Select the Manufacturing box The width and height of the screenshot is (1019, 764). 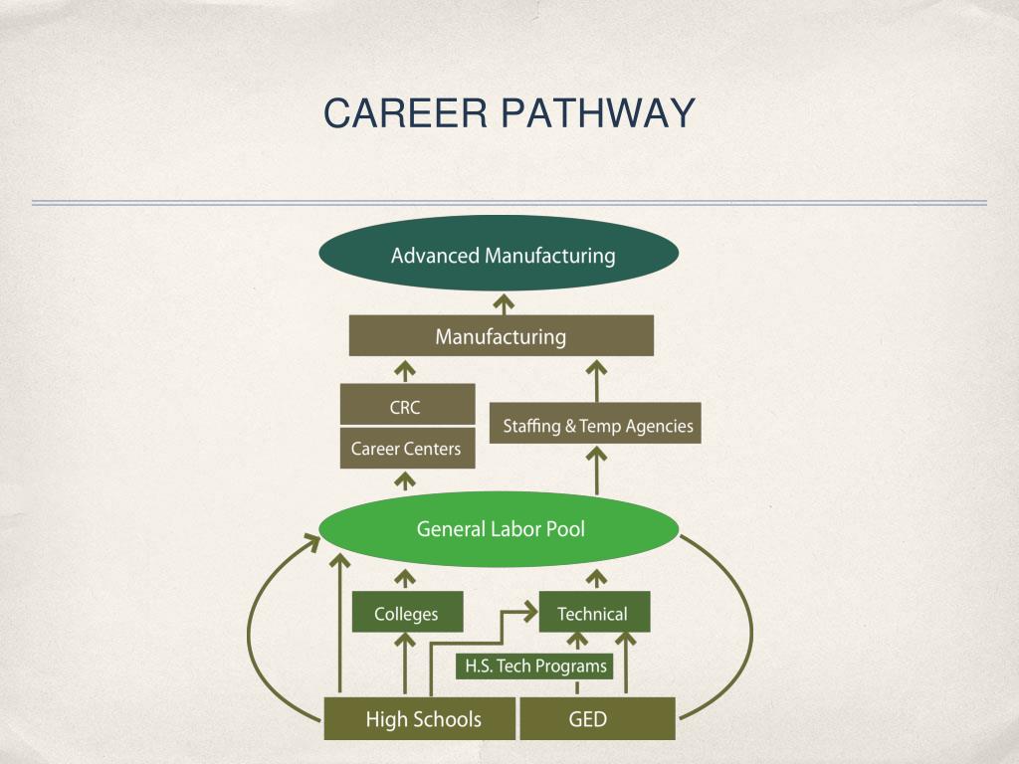(501, 336)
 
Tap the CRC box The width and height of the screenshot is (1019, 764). (406, 406)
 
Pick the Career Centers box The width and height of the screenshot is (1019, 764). (406, 449)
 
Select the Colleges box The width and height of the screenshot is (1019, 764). (407, 613)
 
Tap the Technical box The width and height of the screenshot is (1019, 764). (593, 613)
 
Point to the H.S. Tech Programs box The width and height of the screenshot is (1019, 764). (534, 666)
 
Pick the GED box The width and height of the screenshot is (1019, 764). (597, 718)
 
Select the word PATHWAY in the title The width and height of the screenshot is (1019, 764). (597, 113)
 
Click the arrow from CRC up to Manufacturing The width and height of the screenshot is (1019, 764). (405, 371)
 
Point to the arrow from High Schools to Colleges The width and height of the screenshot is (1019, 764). (405, 665)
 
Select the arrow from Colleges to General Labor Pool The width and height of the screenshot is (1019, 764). (406, 579)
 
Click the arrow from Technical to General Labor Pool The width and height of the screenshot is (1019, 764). (597, 579)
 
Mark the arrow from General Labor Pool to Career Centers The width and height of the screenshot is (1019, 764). (405, 481)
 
